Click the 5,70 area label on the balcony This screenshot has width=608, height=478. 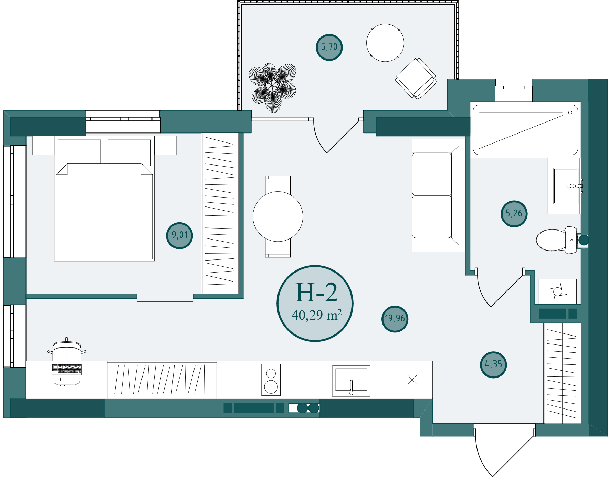click(329, 47)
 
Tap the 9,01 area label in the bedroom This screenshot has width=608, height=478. click(179, 235)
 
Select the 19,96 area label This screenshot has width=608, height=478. click(395, 319)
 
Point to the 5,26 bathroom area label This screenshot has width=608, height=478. click(514, 214)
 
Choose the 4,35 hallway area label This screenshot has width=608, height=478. click(493, 364)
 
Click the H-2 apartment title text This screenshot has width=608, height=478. click(316, 293)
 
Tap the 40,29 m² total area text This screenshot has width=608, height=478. click(316, 315)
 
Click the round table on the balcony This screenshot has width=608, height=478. click(385, 43)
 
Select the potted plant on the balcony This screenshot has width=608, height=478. click(272, 88)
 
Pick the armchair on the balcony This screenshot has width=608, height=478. click(416, 78)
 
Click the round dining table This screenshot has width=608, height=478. click(278, 216)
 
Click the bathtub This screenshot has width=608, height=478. click(525, 130)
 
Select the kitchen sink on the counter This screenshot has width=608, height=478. click(351, 381)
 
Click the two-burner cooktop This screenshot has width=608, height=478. click(271, 380)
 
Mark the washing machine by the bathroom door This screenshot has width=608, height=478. click(557, 291)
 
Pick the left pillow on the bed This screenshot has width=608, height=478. click(79, 152)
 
